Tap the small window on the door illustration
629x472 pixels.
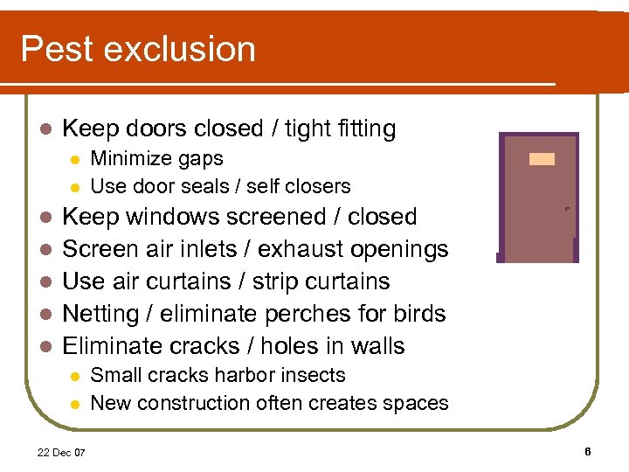click(542, 159)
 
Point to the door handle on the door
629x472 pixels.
click(567, 209)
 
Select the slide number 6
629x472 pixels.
click(588, 451)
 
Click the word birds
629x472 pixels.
click(422, 314)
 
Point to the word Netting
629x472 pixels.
click(101, 314)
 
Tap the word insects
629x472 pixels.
click(315, 376)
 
